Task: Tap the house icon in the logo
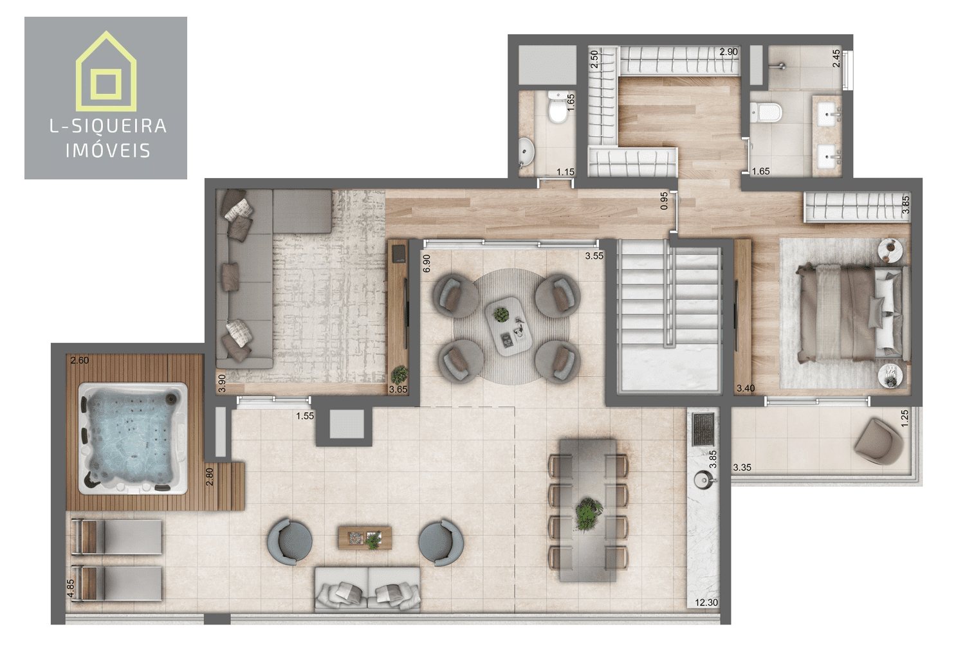tap(106, 72)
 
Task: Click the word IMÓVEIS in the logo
tap(108, 151)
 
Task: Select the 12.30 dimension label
tap(706, 603)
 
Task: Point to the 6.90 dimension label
tap(426, 263)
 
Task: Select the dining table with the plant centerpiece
tap(587, 509)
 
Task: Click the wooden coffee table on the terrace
tap(365, 538)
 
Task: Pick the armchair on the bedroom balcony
tap(879, 441)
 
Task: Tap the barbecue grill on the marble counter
tap(703, 429)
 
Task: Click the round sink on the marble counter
tap(703, 479)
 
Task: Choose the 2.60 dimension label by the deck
tap(80, 361)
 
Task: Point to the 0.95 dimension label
tap(664, 201)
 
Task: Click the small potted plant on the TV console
tap(400, 372)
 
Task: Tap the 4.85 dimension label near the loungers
tap(71, 589)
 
